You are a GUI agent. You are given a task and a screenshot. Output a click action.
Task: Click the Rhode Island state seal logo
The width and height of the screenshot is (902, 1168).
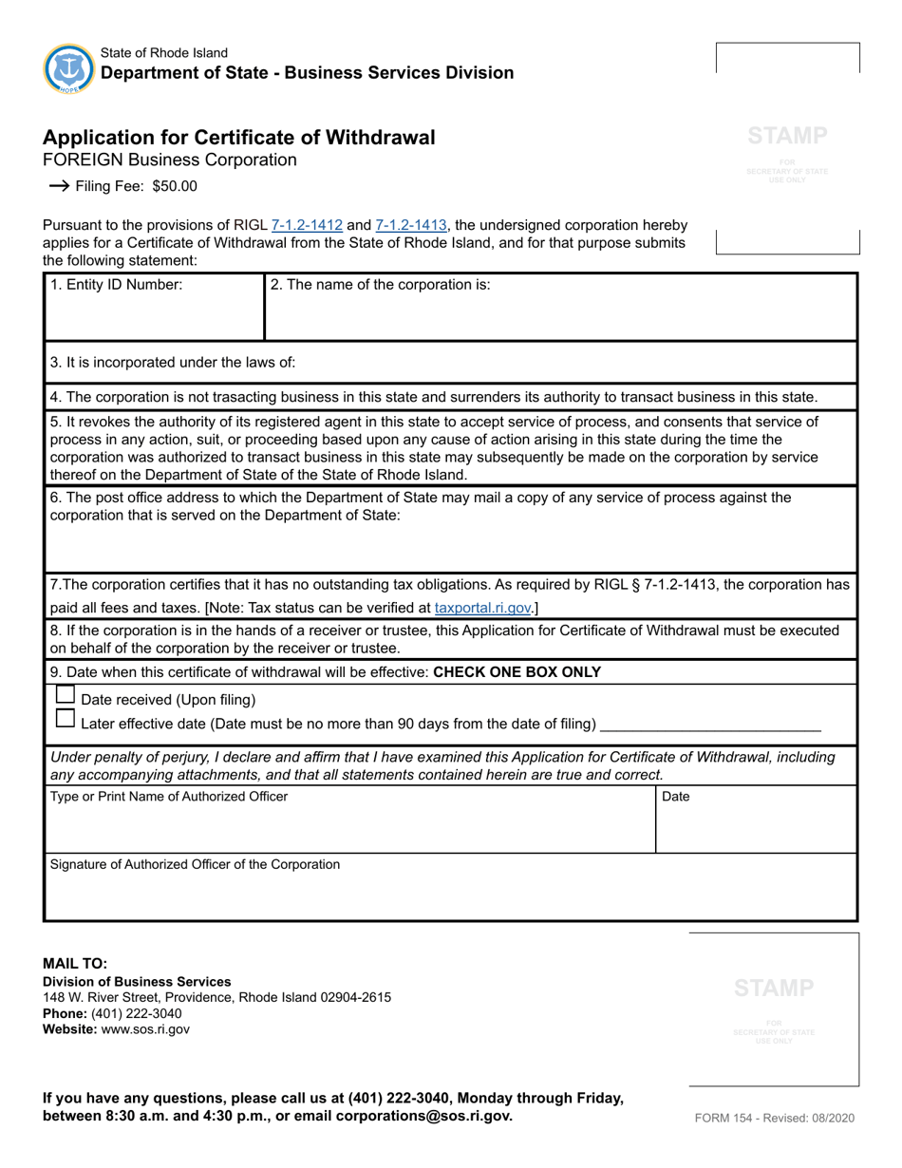[68, 67]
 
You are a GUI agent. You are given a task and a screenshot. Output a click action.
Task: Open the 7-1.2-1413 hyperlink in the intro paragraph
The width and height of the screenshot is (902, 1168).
[411, 226]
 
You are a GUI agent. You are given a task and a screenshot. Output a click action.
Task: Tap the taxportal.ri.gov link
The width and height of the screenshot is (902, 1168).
[482, 608]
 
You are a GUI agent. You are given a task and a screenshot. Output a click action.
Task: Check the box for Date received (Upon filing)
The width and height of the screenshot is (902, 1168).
[66, 695]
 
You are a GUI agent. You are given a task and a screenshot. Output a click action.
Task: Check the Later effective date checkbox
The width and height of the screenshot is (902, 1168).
[66, 719]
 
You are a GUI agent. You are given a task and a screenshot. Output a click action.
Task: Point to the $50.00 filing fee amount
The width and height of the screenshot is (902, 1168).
[175, 186]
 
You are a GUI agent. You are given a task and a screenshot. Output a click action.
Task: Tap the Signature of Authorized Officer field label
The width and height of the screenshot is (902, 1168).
[195, 864]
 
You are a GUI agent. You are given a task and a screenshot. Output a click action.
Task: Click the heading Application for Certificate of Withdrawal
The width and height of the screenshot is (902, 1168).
[239, 138]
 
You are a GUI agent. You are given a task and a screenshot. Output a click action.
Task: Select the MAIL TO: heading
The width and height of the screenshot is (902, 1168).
[75, 963]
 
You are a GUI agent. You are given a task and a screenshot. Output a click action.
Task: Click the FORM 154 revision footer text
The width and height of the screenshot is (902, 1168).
[775, 1118]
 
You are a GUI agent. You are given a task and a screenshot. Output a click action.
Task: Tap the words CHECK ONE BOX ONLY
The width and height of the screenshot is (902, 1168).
[517, 672]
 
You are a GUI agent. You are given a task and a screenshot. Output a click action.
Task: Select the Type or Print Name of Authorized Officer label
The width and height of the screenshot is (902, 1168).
[168, 797]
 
